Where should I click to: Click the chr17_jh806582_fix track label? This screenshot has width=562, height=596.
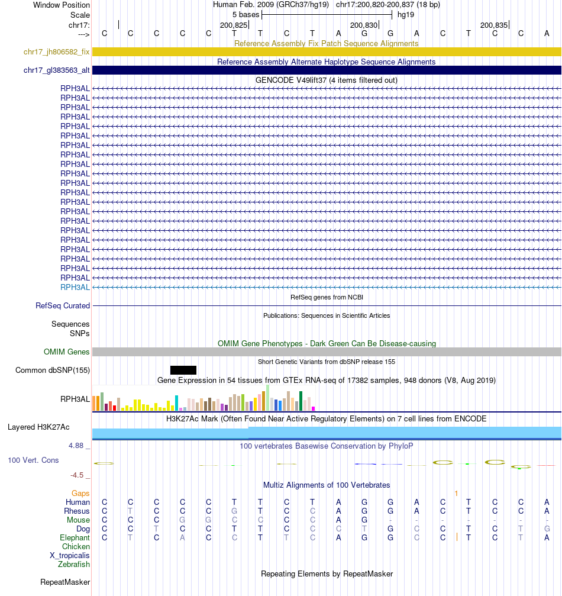(56, 52)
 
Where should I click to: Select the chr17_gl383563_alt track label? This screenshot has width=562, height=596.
(56, 70)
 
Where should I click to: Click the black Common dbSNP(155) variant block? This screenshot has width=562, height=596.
(183, 370)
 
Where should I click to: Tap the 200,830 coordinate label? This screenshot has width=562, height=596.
(363, 25)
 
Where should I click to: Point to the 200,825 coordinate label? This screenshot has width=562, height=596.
(233, 25)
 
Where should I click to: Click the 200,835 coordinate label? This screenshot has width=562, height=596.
(493, 25)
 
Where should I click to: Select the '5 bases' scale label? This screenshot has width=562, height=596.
(246, 14)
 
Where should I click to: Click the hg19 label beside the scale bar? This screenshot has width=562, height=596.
(406, 14)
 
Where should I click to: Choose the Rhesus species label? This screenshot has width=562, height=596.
(77, 511)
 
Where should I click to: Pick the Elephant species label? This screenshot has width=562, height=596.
(75, 538)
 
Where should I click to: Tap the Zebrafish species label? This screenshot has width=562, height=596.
(74, 565)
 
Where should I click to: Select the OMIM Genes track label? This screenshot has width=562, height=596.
(66, 352)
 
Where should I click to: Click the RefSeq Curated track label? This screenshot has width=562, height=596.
(63, 306)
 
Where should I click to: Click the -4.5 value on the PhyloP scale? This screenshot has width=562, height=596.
(78, 475)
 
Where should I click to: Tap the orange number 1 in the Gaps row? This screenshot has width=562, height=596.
(456, 493)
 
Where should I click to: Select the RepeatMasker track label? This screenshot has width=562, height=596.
(65, 582)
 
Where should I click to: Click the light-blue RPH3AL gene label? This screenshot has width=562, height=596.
(75, 287)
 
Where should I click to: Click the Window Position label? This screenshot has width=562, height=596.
(62, 5)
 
